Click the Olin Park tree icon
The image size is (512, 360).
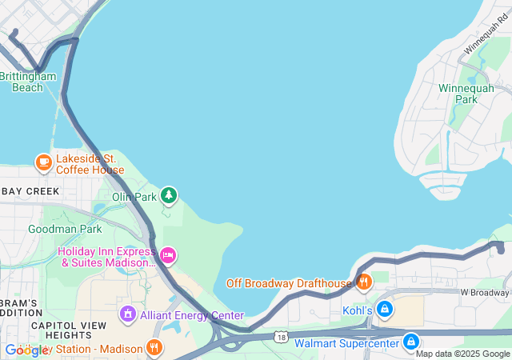pos(168,194)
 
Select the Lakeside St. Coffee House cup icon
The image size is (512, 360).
pos(43,163)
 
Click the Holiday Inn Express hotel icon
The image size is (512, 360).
pos(168,256)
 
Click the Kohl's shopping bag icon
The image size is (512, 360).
pos(385,309)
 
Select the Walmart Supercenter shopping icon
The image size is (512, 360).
pos(411,342)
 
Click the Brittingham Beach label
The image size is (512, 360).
pos(28,82)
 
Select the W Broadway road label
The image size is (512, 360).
pos(485,293)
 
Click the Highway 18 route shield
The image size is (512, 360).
pos(281,337)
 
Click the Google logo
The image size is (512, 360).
pos(26,350)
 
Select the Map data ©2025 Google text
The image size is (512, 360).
pos(462,354)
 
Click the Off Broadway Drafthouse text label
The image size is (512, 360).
pos(289,283)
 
